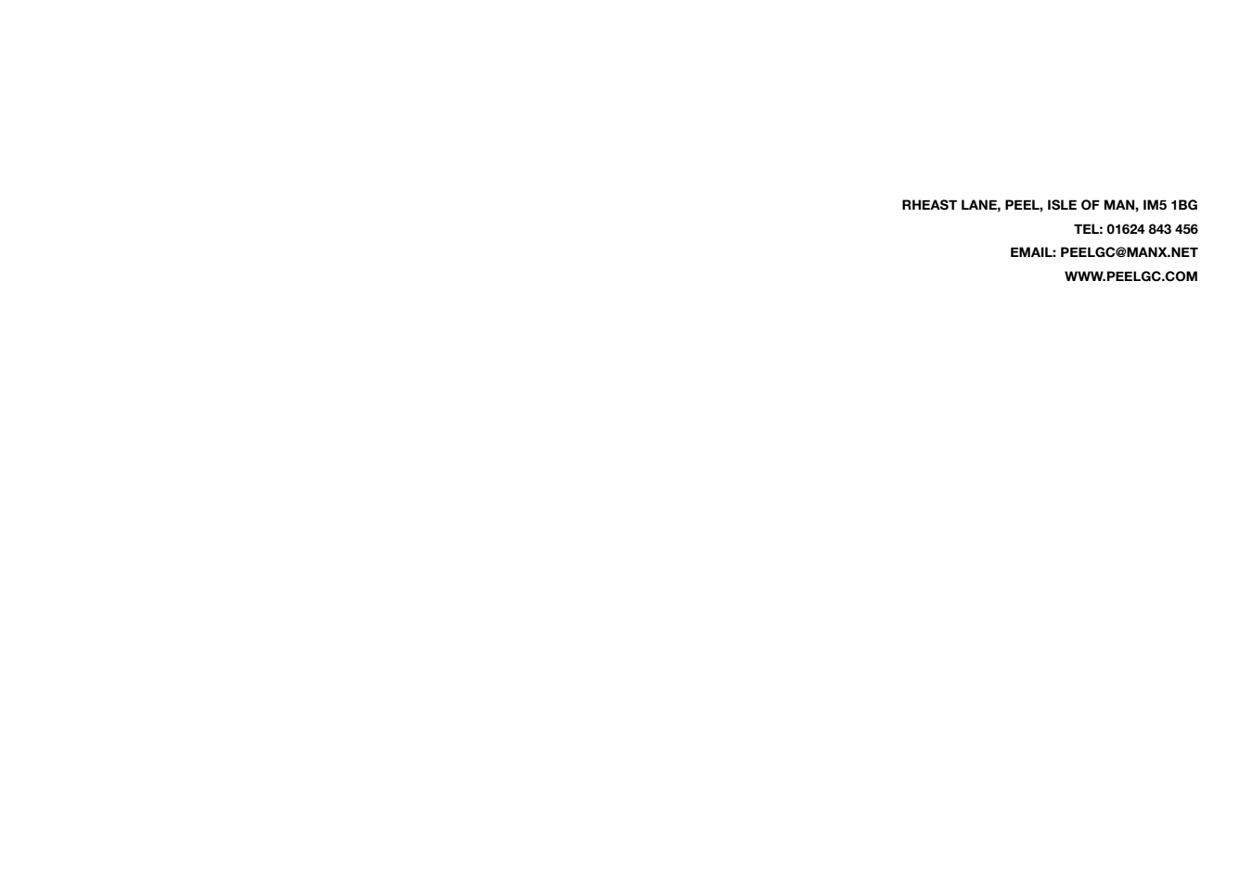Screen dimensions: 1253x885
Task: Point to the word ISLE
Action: tap(1062, 205)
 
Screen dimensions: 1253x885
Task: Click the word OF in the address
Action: tap(1091, 205)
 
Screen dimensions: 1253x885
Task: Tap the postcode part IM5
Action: tap(1155, 205)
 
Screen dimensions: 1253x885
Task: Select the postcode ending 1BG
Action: tap(1184, 205)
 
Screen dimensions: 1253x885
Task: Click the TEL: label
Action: tap(1088, 229)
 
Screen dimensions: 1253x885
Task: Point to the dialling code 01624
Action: tap(1126, 229)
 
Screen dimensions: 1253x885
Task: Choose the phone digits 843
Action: tap(1159, 229)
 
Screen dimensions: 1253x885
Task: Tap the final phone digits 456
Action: tap(1186, 229)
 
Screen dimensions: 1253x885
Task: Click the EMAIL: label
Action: tap(1033, 252)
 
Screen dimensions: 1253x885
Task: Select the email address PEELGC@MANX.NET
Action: tap(1129, 252)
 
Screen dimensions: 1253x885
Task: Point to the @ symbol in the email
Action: tap(1121, 252)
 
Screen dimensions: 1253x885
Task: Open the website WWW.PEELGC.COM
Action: tap(1131, 276)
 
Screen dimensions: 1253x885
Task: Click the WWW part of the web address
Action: tap(1084, 276)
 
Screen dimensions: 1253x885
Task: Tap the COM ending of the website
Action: tap(1182, 276)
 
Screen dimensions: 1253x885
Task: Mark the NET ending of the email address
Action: tap(1183, 252)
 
